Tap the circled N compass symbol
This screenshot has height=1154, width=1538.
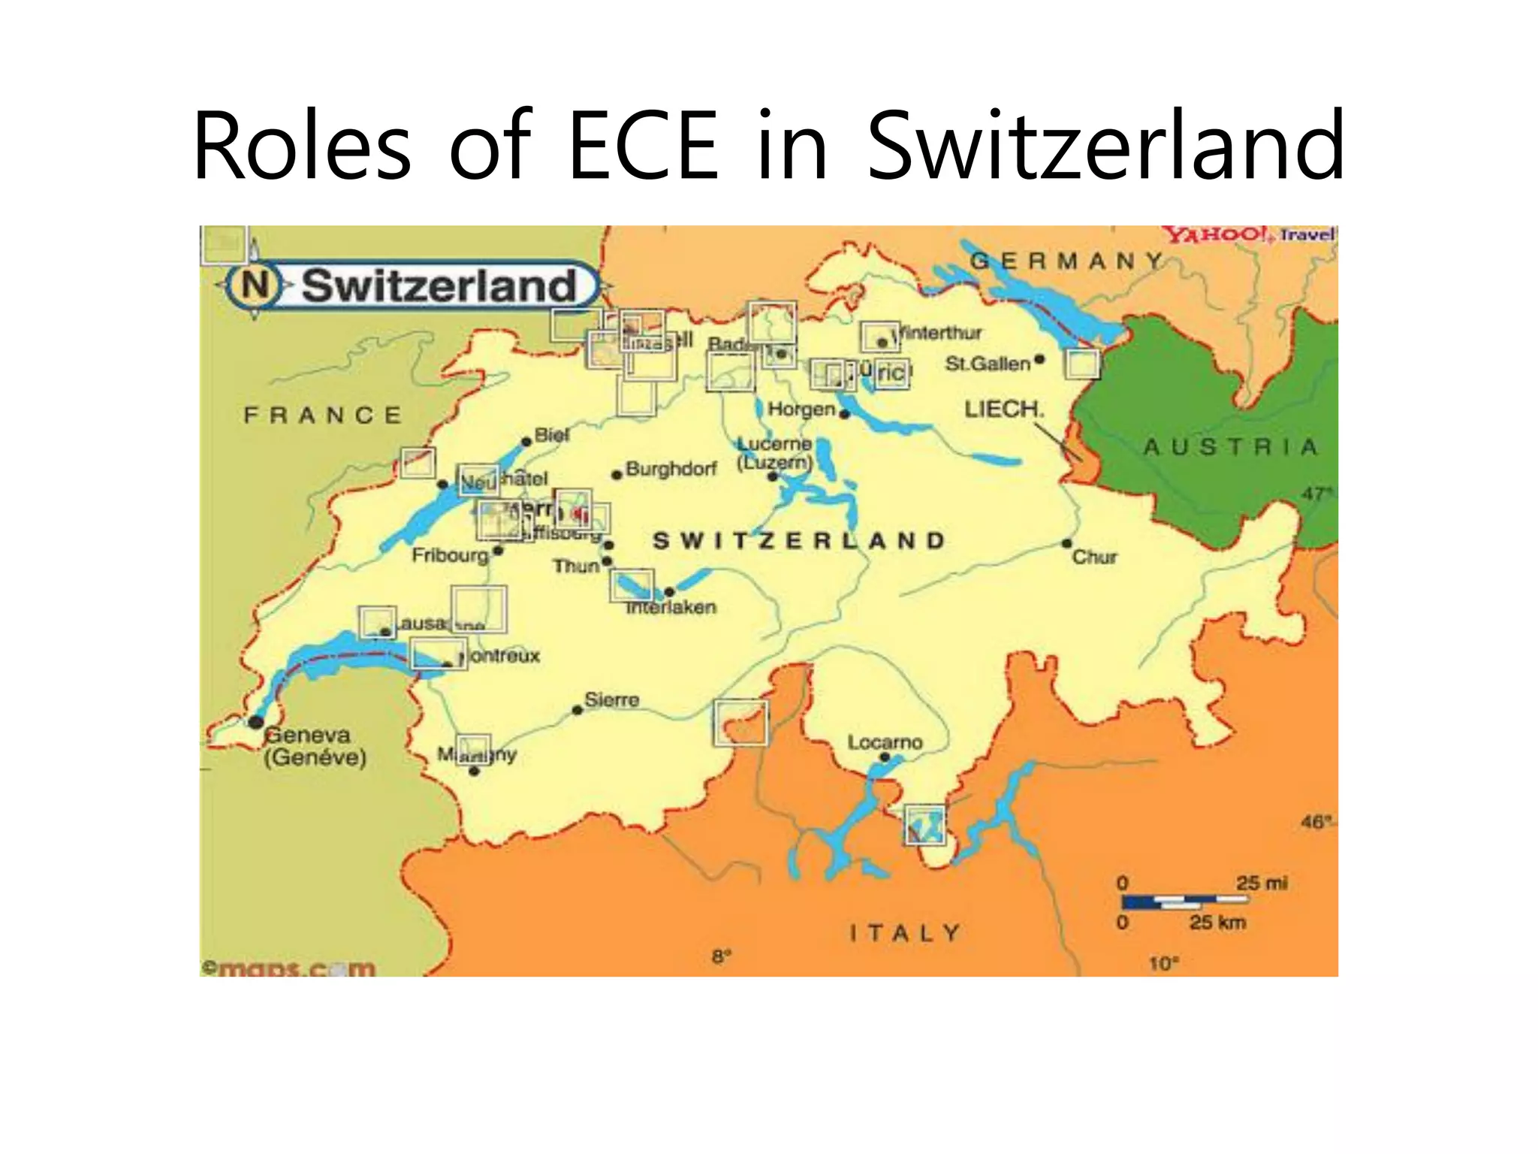(x=255, y=285)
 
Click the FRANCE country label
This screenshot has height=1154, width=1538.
(x=323, y=415)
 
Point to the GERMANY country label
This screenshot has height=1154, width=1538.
(x=1066, y=261)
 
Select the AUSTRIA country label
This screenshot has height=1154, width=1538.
(x=1231, y=447)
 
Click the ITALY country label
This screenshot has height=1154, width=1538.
(x=905, y=933)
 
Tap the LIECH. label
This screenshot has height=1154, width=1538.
(x=1004, y=409)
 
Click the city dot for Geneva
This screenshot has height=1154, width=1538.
(x=256, y=722)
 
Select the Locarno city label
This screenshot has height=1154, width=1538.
(x=885, y=742)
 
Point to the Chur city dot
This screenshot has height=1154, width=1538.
(x=1066, y=543)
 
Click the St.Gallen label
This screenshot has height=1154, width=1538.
(x=988, y=364)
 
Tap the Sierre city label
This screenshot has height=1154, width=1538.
(x=612, y=700)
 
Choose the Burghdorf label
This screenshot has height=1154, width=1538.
(x=671, y=469)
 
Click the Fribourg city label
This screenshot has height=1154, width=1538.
(x=450, y=555)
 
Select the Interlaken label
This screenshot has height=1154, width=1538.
(x=671, y=607)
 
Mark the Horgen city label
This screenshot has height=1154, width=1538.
(x=801, y=409)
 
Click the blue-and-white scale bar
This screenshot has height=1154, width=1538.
(x=1184, y=901)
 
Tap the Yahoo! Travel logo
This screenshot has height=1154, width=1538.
(x=1249, y=234)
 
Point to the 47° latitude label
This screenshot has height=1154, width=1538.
(x=1316, y=494)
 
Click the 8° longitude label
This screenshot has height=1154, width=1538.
(x=720, y=956)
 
